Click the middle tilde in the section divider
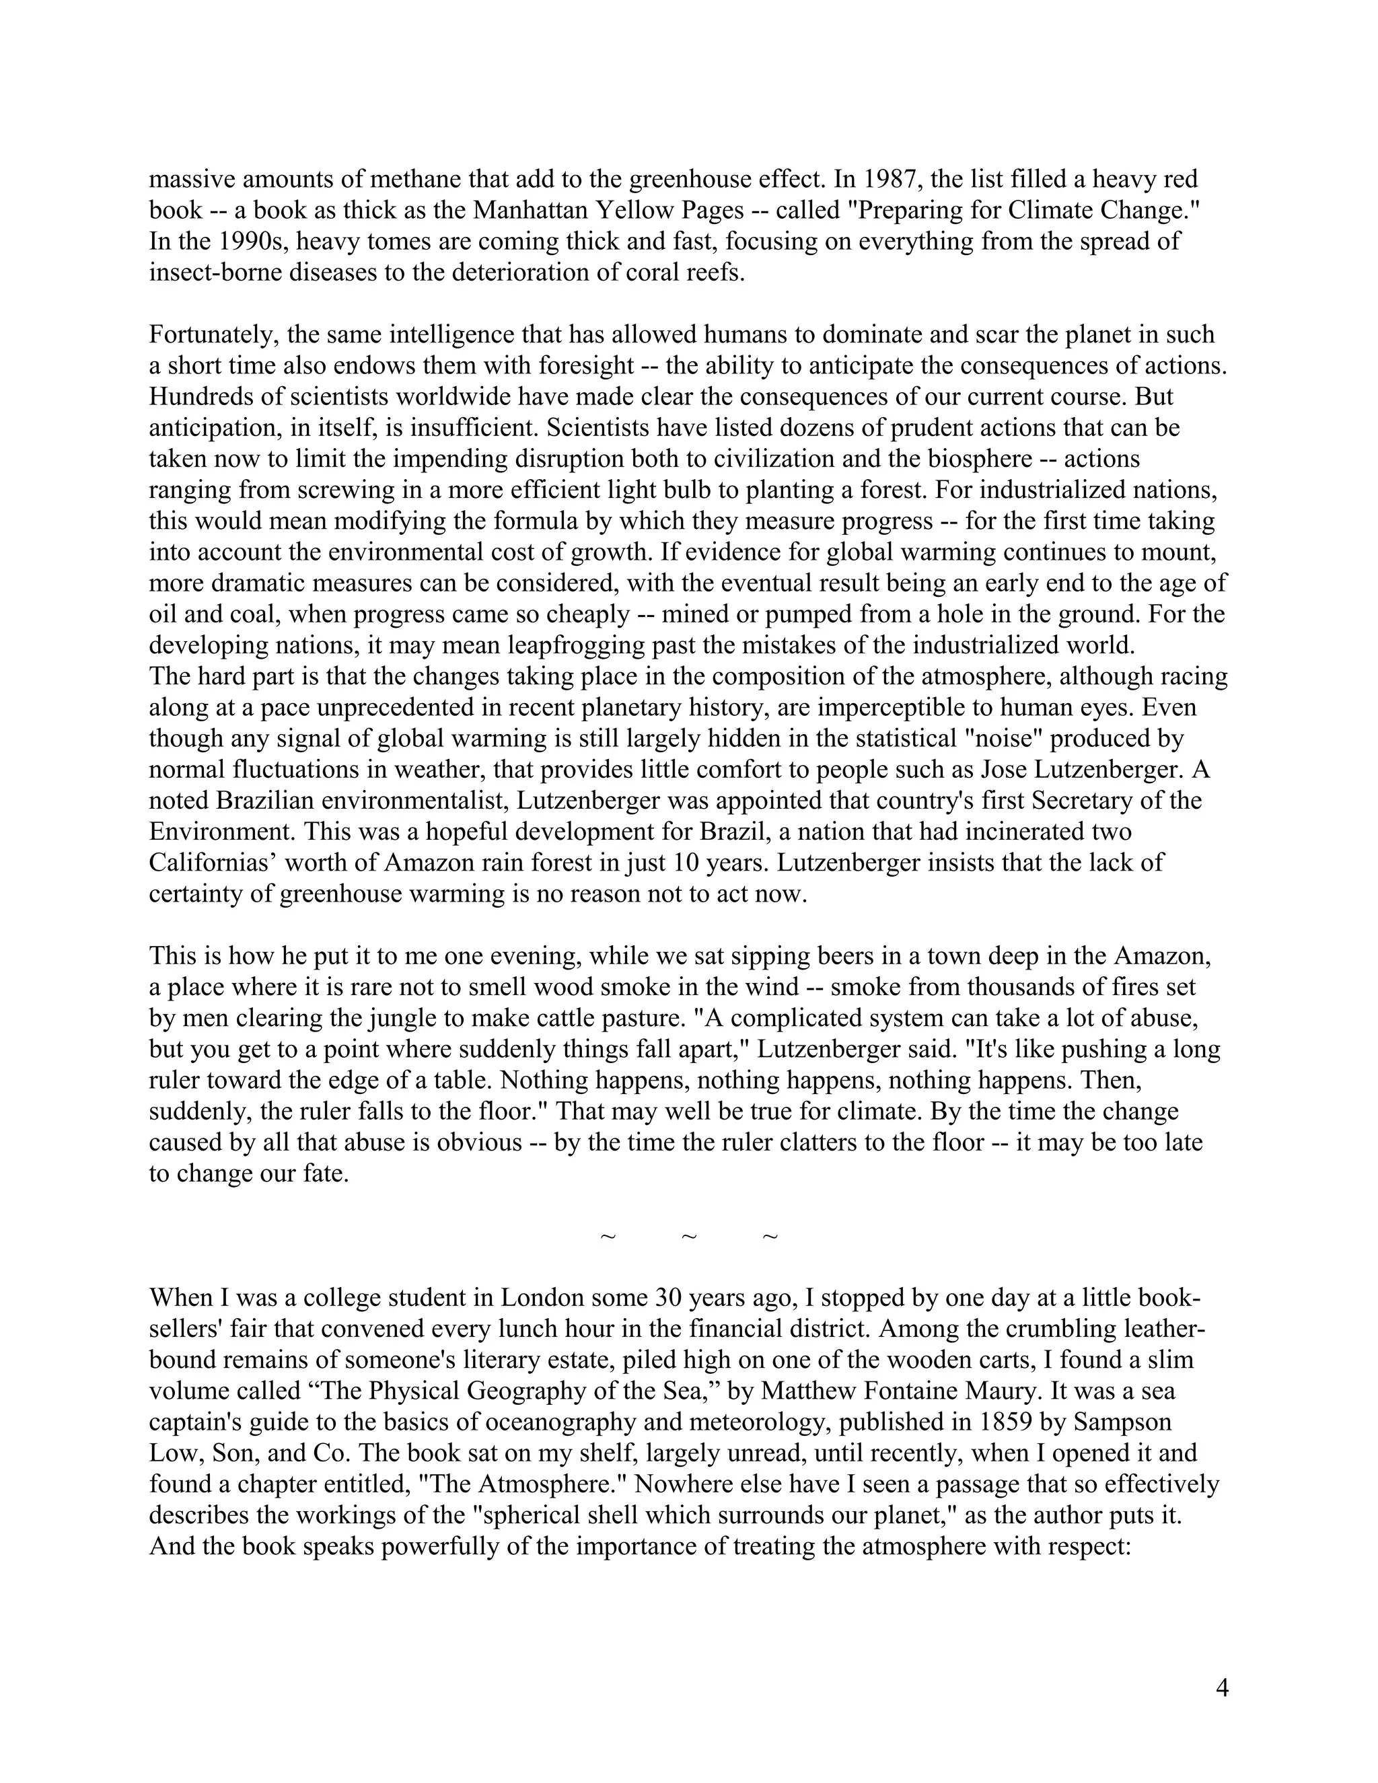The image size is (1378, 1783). tap(688, 1237)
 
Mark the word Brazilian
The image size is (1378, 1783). tap(272, 801)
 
